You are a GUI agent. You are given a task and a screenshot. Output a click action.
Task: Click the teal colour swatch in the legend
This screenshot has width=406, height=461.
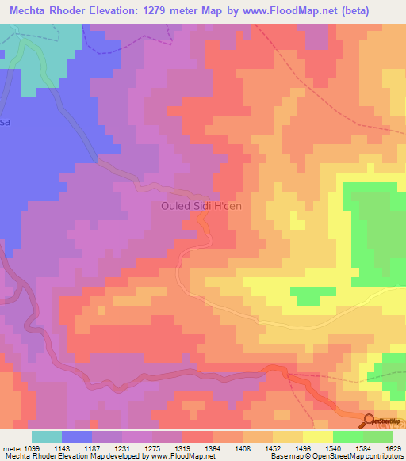click(47, 436)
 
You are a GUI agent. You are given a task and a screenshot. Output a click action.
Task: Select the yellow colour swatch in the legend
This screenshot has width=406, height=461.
click(317, 436)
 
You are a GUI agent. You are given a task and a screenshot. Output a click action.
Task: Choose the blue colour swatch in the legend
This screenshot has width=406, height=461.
click(77, 436)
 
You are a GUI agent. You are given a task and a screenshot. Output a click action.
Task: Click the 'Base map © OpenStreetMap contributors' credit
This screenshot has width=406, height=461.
click(335, 456)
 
